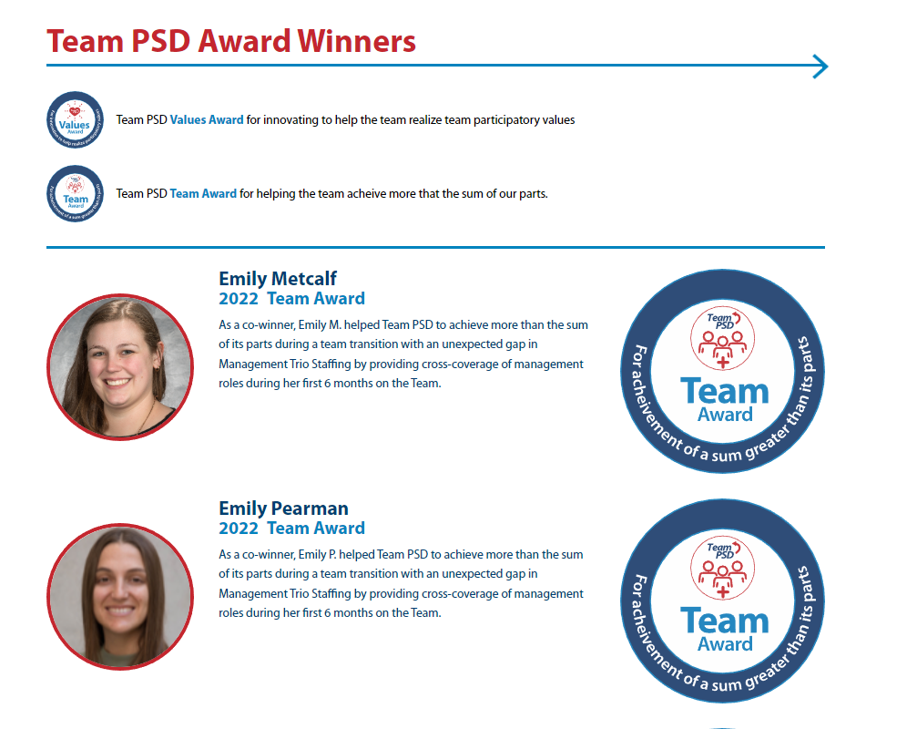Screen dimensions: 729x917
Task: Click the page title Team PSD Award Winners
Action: tap(231, 41)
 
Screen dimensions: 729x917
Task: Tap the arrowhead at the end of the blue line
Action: tap(820, 67)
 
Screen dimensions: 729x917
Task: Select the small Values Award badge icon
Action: tap(75, 119)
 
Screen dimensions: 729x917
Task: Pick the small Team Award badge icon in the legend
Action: tap(75, 193)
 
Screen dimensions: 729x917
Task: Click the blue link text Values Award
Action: tap(207, 119)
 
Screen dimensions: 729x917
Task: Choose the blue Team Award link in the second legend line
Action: tap(203, 193)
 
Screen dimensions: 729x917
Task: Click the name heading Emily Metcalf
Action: tap(278, 279)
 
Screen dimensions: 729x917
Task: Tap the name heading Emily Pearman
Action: tap(283, 508)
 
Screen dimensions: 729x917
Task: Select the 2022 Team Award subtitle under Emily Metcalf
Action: tap(291, 298)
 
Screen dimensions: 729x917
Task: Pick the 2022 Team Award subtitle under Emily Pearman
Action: tap(291, 528)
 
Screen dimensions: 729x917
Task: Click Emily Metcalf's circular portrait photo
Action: tap(120, 367)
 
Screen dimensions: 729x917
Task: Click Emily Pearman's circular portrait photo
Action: tap(120, 596)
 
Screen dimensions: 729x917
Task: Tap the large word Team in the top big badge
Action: tap(725, 392)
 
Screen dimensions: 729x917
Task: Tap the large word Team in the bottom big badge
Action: tap(725, 621)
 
